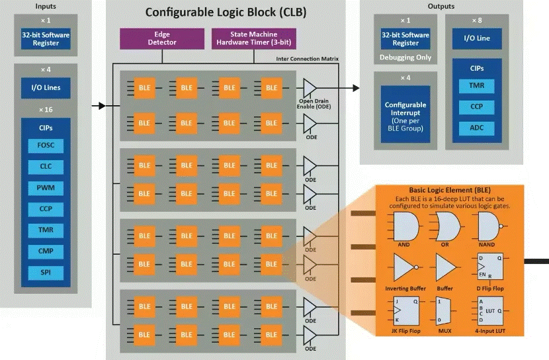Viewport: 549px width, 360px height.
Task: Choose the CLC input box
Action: pyautogui.click(x=46, y=167)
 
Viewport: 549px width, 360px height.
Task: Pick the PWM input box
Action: pyautogui.click(x=46, y=188)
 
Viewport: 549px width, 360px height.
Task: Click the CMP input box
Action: pyautogui.click(x=46, y=251)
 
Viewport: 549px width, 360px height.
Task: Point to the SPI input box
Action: pyautogui.click(x=46, y=272)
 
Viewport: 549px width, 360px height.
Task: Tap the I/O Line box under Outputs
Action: pyautogui.click(x=476, y=38)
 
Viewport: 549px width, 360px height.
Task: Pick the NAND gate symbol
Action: pyautogui.click(x=492, y=226)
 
